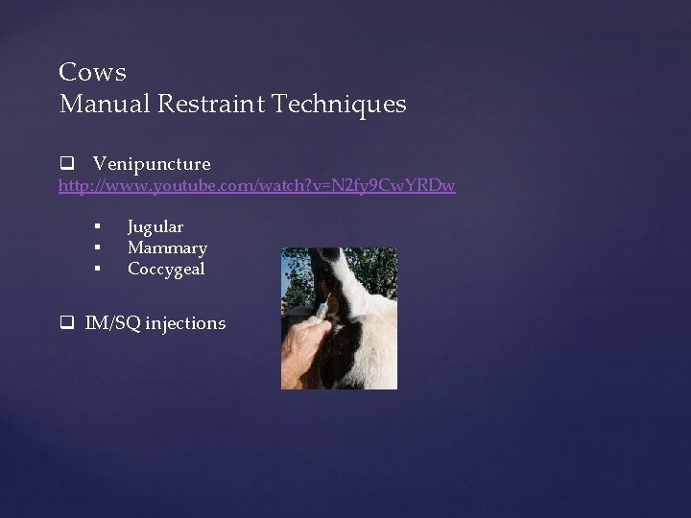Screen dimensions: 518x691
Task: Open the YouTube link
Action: coord(256,184)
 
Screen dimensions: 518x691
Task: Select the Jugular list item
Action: coord(155,227)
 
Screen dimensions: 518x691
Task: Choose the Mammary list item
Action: coord(167,248)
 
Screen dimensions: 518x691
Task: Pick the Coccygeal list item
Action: coord(166,270)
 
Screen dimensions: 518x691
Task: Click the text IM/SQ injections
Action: coord(155,323)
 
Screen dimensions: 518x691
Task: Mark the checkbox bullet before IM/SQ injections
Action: coord(65,323)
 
